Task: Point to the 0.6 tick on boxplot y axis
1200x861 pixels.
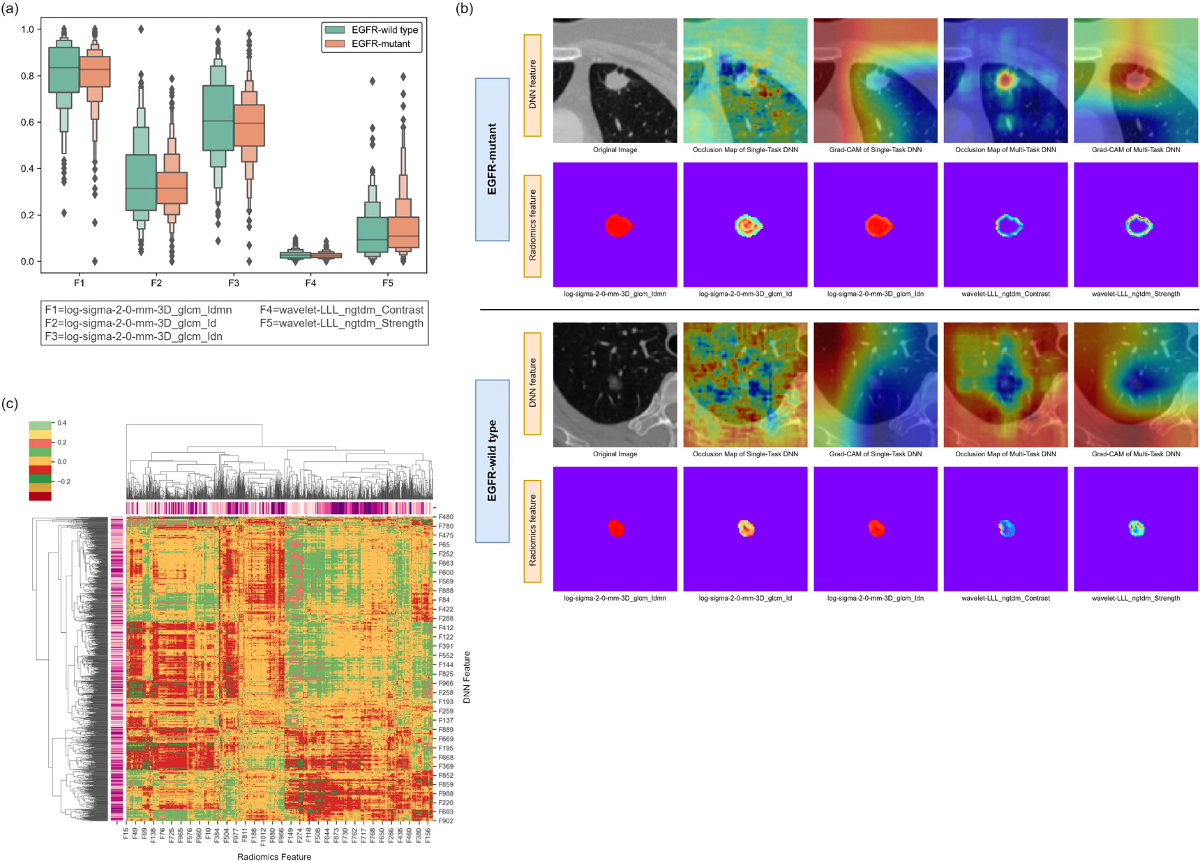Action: tap(27, 121)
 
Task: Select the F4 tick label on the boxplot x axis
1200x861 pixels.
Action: tap(310, 283)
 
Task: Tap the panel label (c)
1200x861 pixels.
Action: tap(10, 403)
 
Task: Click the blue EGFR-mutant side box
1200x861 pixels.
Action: tap(493, 159)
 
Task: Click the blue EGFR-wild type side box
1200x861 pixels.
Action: tap(493, 461)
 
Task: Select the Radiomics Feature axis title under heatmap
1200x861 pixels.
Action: tap(274, 856)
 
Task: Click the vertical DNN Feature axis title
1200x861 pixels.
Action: tap(467, 677)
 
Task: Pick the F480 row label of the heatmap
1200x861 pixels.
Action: tap(445, 517)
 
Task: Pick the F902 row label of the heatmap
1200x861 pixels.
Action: tap(445, 821)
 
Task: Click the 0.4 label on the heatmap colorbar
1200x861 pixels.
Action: tap(62, 423)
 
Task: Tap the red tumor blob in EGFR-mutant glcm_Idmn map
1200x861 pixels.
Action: tap(617, 225)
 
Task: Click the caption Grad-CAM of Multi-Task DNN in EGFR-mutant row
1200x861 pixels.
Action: tap(1136, 150)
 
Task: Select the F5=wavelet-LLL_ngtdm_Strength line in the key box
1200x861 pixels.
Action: tap(341, 323)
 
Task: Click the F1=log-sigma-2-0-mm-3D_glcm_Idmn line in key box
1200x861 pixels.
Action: tap(138, 310)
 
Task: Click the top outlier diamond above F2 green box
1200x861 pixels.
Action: tap(141, 29)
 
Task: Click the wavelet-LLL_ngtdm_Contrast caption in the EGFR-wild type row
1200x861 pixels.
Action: tap(1005, 598)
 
